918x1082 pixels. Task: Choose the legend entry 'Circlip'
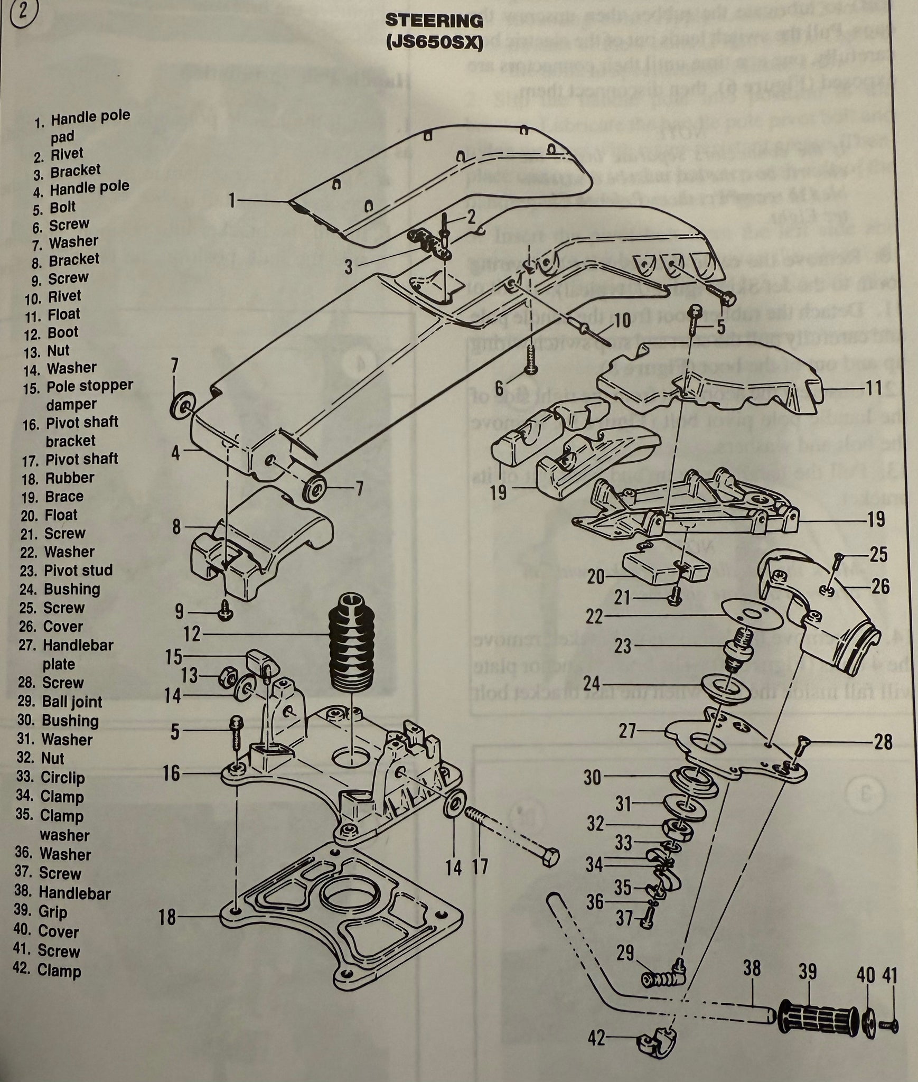point(62,777)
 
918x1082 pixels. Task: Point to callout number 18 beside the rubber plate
point(167,917)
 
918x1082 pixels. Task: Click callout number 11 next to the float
point(874,388)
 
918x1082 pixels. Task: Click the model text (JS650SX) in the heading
point(434,43)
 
